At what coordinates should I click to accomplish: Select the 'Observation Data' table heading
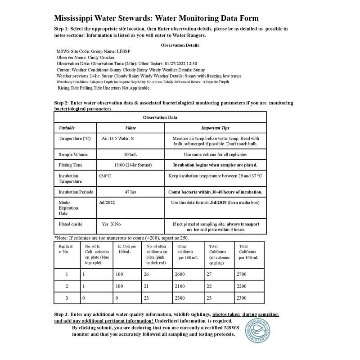pyautogui.click(x=160, y=117)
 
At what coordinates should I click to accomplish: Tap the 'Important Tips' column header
pyautogui.click(x=215, y=128)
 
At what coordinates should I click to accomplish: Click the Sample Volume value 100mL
pyautogui.click(x=130, y=154)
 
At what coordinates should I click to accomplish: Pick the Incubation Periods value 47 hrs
pyautogui.click(x=130, y=192)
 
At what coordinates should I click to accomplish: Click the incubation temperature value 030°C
pyautogui.click(x=105, y=176)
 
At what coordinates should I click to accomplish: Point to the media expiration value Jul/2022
pyautogui.click(x=107, y=202)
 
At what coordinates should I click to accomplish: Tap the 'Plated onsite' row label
pyautogui.click(x=71, y=224)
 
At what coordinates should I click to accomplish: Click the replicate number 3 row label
pyautogui.click(x=67, y=298)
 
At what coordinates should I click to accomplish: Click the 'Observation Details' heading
pyautogui.click(x=180, y=45)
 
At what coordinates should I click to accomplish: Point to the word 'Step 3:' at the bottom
pyautogui.click(x=63, y=314)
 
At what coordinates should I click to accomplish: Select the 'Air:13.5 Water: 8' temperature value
pyautogui.click(x=118, y=139)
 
